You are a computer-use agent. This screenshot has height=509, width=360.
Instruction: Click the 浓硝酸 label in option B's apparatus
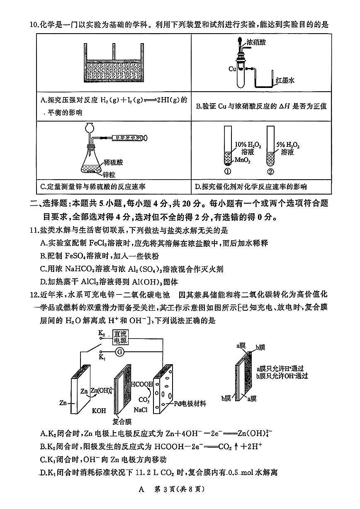[257, 42]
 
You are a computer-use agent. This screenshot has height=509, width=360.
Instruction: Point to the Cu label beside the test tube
[232, 69]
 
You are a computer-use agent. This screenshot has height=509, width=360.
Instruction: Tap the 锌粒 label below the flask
[109, 175]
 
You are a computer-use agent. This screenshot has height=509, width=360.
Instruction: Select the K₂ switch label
[102, 333]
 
